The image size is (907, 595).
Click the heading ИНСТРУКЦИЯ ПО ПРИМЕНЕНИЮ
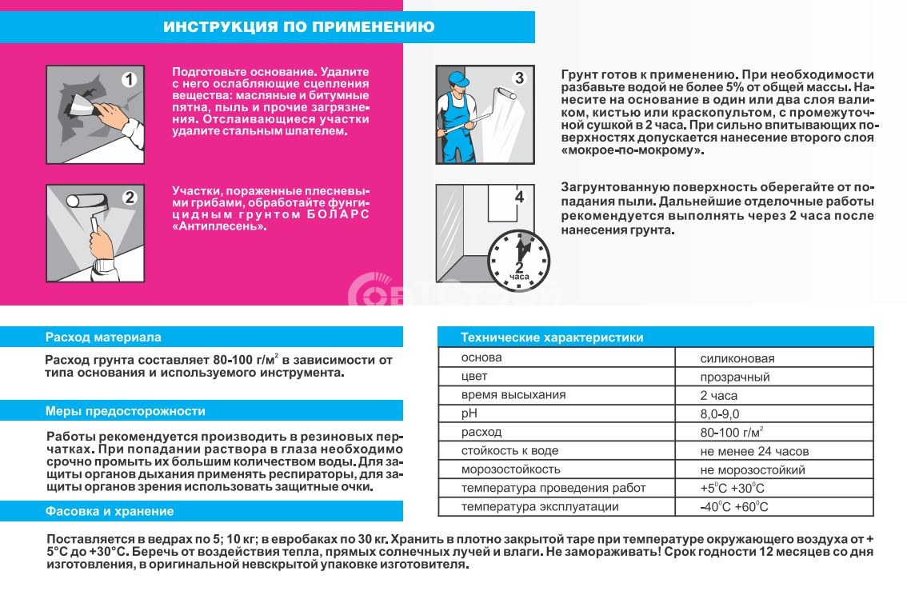tap(299, 27)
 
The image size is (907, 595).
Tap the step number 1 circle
tap(130, 79)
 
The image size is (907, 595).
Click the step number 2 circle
tap(130, 198)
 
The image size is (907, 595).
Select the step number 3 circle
tap(519, 78)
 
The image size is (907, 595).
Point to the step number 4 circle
tap(519, 197)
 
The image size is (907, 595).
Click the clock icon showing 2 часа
tap(519, 258)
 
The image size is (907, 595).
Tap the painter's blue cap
tap(457, 78)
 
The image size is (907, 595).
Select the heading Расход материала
tap(103, 337)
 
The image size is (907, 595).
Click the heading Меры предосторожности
tap(126, 411)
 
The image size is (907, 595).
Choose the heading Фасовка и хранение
tap(110, 511)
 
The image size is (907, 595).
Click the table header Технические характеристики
tap(552, 337)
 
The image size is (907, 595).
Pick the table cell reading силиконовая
tap(737, 358)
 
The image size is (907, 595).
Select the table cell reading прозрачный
tap(734, 377)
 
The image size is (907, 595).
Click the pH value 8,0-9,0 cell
tap(720, 413)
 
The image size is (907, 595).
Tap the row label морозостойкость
tap(510, 469)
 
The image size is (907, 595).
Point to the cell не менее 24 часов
tap(754, 451)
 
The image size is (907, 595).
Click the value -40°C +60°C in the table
tap(733, 507)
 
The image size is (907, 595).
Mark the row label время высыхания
tap(513, 395)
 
